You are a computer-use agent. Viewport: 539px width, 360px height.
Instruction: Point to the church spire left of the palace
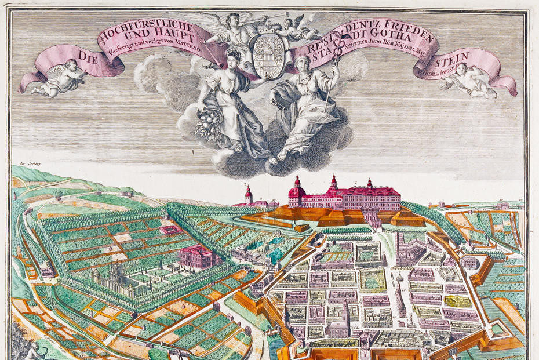pyautogui.click(x=247, y=194)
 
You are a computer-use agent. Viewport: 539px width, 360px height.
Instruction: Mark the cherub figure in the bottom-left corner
pyautogui.click(x=32, y=351)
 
